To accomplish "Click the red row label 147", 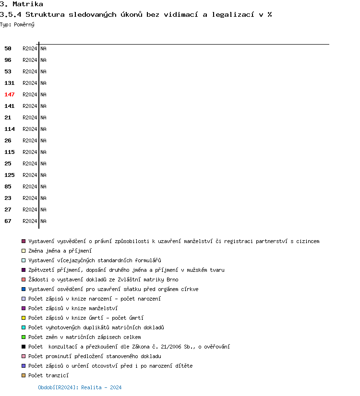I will tap(10, 94).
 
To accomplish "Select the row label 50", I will tap(8, 48).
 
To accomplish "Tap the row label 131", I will tap(10, 83).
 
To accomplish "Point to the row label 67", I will tap(8, 221).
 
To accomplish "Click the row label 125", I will tap(10, 175).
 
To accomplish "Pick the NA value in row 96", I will tap(43, 60).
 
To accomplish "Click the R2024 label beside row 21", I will tap(30, 117).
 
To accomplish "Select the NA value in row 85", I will tap(43, 186).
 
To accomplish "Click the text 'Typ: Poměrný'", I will tap(17, 24).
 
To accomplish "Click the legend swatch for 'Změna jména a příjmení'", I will tap(24, 251).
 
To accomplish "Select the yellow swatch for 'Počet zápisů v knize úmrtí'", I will tap(24, 318).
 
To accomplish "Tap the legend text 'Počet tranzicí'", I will tap(48, 375).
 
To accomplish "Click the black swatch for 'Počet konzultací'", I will tap(24, 347).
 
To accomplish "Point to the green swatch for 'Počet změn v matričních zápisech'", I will tap(24, 337).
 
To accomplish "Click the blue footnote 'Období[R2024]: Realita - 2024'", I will tap(80, 387).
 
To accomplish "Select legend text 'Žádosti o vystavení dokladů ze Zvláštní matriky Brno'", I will tap(103, 280).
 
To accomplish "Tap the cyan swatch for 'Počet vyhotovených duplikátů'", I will tap(24, 327).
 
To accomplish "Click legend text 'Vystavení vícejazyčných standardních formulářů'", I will tap(95, 260).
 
